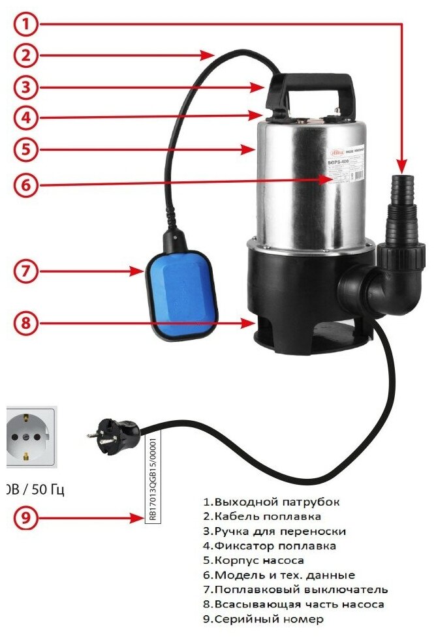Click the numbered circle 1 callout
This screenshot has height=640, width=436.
pos(25,25)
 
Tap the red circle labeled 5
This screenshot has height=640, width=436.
pos(25,149)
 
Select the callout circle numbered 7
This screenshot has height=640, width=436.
pos(25,271)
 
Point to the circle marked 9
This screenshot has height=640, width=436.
pos(25,519)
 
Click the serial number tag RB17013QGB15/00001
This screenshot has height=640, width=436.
pos(153,480)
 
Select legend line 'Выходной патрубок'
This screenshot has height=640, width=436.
pos(271,502)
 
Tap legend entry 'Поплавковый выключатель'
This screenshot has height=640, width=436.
pos(295,590)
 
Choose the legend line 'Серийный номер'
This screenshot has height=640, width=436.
pos(262,619)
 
